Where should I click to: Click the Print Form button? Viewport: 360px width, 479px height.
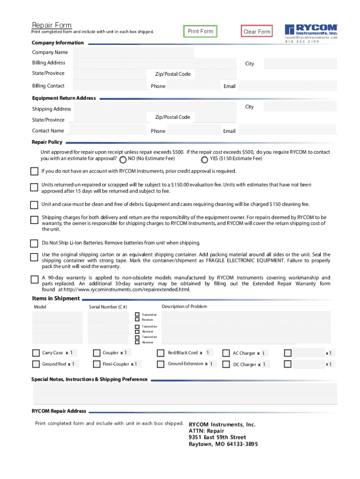200,31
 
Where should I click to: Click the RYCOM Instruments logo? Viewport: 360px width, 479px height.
311,30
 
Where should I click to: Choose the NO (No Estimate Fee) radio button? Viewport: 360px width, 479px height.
122,160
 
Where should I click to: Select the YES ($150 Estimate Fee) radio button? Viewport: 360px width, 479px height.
204,160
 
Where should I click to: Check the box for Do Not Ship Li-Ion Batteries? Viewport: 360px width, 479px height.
34,243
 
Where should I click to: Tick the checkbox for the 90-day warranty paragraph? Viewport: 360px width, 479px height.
34,280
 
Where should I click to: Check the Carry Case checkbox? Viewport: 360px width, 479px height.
36,353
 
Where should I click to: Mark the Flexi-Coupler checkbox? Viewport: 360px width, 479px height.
96,364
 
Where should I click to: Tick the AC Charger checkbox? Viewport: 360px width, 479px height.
226,353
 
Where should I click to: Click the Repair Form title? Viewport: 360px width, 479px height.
51,25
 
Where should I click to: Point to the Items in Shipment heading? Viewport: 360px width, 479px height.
56,298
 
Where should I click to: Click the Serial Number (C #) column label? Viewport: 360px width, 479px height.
108,307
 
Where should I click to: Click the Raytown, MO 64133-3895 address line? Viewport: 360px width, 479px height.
223,444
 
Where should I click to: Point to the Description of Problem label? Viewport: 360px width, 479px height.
184,307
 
